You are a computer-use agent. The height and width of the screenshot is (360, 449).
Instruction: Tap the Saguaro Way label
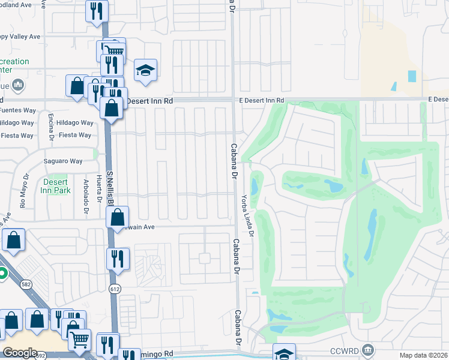pos(63,161)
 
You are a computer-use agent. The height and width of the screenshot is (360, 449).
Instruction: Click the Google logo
pos(19,353)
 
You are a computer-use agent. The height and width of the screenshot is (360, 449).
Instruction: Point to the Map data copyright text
pos(424,355)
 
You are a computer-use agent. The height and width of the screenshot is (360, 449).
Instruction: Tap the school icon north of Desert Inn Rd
pos(145,71)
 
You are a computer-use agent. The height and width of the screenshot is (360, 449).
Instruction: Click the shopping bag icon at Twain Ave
pos(118,217)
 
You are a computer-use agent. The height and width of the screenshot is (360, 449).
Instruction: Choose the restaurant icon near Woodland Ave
pos(95,10)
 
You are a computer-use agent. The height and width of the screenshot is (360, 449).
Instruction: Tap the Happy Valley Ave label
pos(20,37)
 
